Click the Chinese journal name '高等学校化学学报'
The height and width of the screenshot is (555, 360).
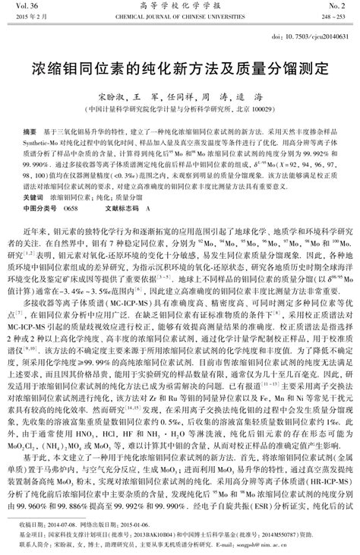pyautogui.click(x=179, y=5)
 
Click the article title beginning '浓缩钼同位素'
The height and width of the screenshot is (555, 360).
pyautogui.click(x=179, y=67)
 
